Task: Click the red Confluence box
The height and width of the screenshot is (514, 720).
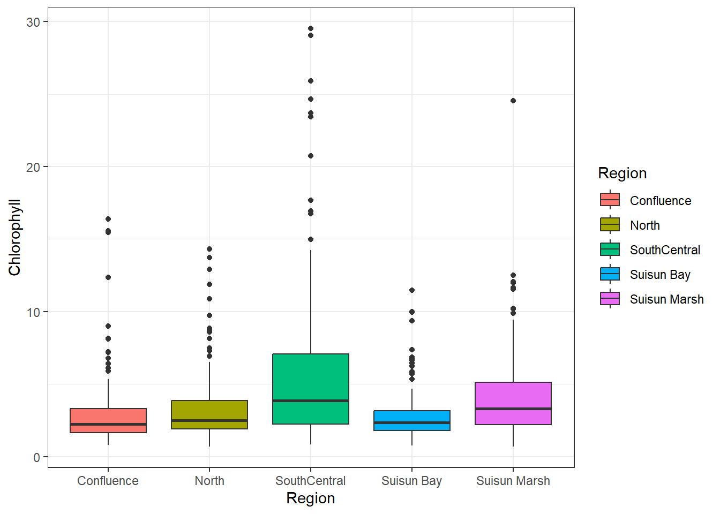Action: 108,420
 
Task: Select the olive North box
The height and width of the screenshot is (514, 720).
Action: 209,414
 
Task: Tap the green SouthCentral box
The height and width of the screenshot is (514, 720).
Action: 311,389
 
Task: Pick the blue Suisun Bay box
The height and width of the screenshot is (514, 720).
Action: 412,420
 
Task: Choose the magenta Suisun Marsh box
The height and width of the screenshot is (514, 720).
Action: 513,403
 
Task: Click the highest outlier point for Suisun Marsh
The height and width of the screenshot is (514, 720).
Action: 513,101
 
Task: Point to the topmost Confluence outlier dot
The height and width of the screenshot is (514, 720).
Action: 108,219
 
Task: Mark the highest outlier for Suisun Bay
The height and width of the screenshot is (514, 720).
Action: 412,290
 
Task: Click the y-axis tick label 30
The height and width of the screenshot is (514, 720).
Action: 33,22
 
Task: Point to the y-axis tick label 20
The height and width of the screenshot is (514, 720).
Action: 33,167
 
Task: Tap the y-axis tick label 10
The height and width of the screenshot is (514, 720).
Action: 33,312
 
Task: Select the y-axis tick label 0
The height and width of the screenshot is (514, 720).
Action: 36,457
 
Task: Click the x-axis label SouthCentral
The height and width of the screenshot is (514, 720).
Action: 311,481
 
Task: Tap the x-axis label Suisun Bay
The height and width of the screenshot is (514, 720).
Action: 411,481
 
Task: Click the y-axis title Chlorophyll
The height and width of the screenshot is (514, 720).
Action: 14,238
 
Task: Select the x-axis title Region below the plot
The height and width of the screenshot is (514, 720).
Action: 311,498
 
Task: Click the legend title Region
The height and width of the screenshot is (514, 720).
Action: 622,173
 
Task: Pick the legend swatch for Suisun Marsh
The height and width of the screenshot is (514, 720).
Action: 610,299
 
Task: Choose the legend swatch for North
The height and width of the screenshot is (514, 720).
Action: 610,225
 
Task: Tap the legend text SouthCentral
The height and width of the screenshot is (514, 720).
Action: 665,250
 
